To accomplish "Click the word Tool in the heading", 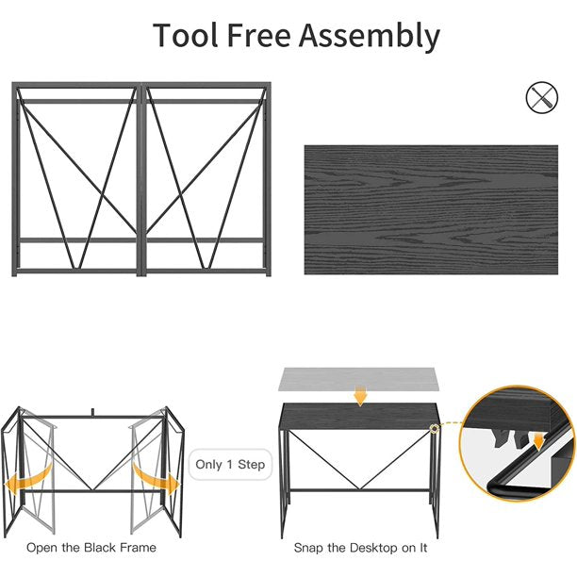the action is coord(186,35).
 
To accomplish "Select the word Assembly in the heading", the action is coord(369,37).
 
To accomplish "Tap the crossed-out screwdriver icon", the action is coord(542,97).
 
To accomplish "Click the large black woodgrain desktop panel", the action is coord(431,209).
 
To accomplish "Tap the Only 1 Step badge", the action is coord(230,465).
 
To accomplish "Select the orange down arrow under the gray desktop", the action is coord(360,396).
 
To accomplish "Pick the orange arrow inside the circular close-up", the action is coord(538,441).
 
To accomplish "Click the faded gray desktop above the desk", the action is coord(359,379).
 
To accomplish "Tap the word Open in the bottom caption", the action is coord(41,548).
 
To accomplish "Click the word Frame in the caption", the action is coord(138,548).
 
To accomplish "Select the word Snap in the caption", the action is coord(309,549).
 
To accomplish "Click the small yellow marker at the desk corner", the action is coord(435,428).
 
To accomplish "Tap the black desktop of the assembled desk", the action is coord(359,416).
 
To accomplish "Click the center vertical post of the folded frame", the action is coord(141,179).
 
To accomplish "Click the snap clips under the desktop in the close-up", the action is coord(510,437).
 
